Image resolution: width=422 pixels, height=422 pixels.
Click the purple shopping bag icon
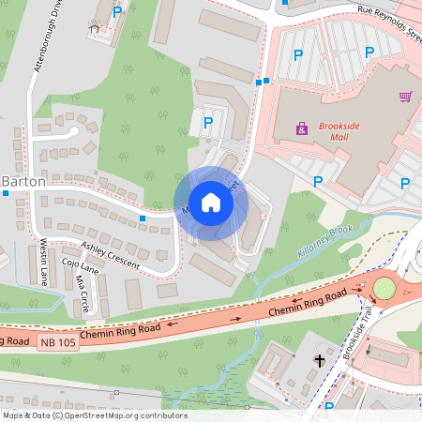click(x=302, y=128)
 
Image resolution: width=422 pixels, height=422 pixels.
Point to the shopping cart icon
click(x=405, y=97)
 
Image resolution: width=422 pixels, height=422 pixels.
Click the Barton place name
click(x=23, y=180)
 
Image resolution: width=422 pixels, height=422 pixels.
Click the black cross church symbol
click(x=319, y=360)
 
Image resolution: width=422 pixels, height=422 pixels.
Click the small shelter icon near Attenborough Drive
click(x=95, y=27)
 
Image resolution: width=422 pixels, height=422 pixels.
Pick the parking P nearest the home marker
click(x=208, y=122)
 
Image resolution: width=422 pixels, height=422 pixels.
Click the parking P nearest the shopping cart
click(x=406, y=184)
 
